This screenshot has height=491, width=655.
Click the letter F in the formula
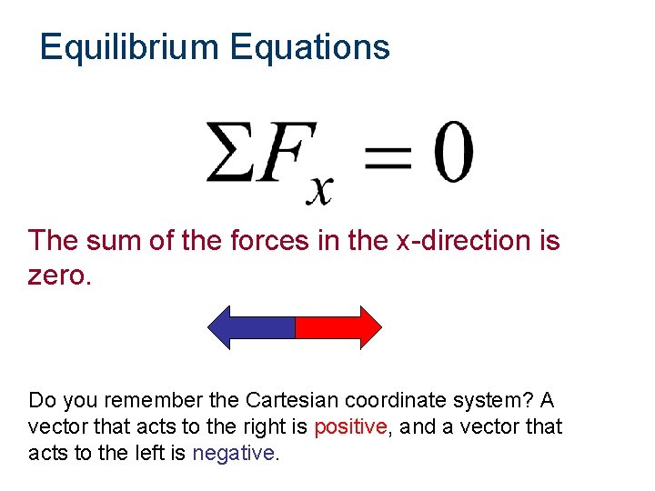(283, 153)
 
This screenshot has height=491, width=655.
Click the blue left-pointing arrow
(252, 327)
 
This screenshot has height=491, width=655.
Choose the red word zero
(60, 276)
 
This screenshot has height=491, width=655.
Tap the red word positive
(350, 426)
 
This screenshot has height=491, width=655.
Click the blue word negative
(234, 453)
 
